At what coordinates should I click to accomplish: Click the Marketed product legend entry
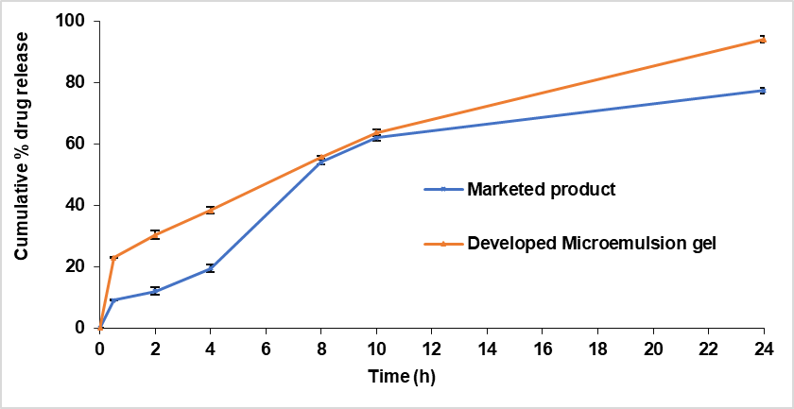(x=541, y=189)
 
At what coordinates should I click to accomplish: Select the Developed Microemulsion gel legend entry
(x=592, y=243)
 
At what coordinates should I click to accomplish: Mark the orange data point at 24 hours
(x=763, y=40)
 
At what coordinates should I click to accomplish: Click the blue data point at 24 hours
(x=763, y=91)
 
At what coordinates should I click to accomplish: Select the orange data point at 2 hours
(x=155, y=234)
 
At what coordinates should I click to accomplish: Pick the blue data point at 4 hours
(x=211, y=268)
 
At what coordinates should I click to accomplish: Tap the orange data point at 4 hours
(x=211, y=210)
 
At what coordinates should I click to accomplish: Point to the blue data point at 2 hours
(x=155, y=291)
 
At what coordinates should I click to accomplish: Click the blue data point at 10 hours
(x=376, y=138)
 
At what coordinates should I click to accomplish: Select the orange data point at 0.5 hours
(x=113, y=258)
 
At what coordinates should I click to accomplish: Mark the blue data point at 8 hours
(x=321, y=162)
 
